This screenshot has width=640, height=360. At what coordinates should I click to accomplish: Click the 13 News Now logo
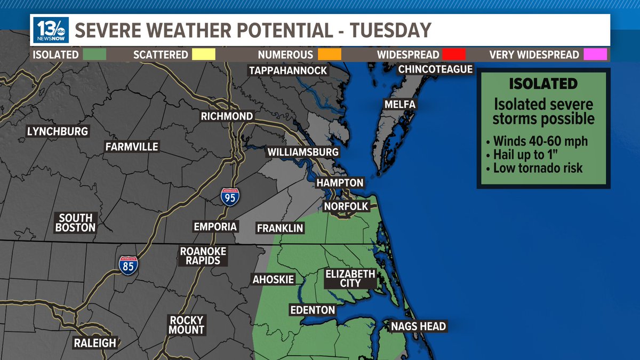pos(51,30)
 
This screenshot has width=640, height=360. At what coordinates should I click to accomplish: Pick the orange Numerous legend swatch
pos(329,54)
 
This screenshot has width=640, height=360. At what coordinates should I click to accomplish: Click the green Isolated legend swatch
pos(92,54)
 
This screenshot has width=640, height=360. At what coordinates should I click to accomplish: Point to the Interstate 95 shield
pos(230,196)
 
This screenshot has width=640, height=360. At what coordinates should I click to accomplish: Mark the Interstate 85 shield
pos(128,265)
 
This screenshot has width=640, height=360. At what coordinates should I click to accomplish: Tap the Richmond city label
pos(227,116)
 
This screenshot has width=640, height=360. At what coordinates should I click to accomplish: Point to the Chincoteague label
pos(436,69)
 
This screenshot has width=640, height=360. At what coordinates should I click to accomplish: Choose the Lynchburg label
pos(58,131)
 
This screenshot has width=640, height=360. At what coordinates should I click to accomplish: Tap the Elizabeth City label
pos(350,278)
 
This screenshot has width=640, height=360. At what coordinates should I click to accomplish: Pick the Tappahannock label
pos(288,70)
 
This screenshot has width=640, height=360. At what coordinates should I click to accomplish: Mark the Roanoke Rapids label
pos(203,256)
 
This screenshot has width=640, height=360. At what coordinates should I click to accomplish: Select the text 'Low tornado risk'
pos(538,169)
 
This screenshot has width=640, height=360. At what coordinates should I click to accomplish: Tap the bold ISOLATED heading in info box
pos(543,84)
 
